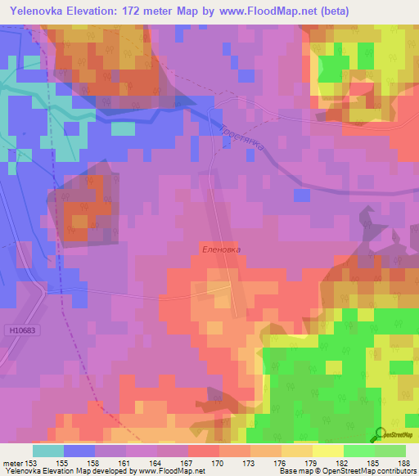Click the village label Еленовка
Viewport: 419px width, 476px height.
pos(221,249)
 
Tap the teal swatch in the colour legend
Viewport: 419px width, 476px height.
pos(47,451)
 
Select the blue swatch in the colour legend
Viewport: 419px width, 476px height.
pos(79,451)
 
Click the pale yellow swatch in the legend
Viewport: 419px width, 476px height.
pos(327,451)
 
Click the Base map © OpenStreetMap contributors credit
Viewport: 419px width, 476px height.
pos(347,471)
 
